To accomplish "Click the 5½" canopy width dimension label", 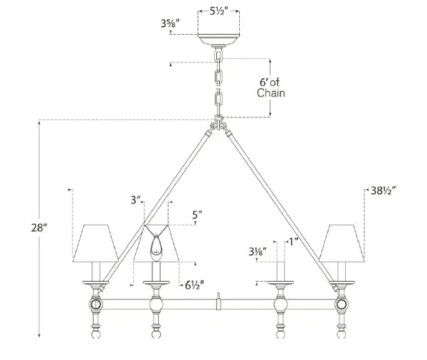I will tap(219, 13).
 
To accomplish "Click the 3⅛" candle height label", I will tap(257, 250).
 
